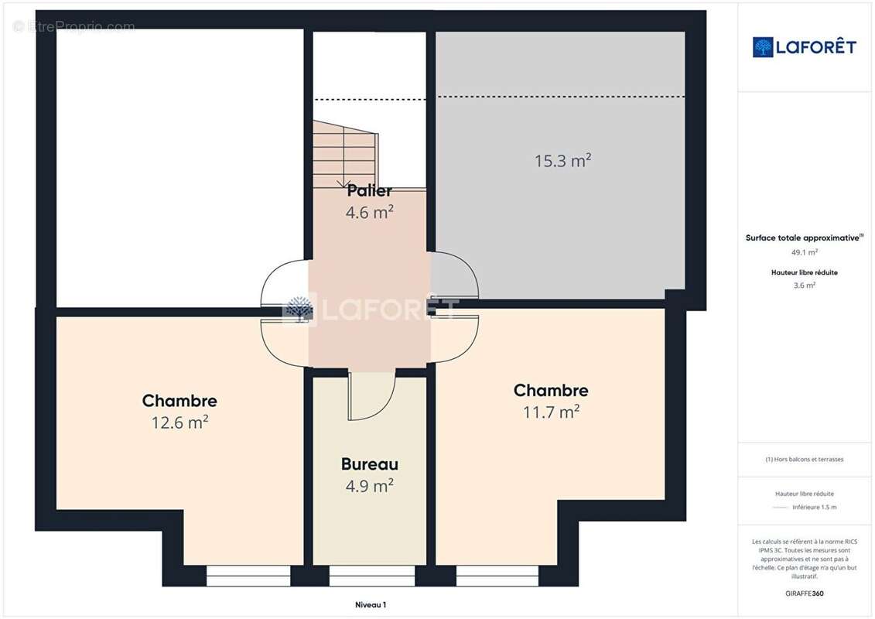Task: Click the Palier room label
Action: [x=369, y=190]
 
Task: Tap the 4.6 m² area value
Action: [x=369, y=211]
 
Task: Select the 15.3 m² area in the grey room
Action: [x=562, y=161]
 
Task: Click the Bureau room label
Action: [x=369, y=464]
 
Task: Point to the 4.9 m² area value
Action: [x=369, y=485]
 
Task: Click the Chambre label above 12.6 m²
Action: [x=179, y=401]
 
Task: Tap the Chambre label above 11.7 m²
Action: [x=551, y=391]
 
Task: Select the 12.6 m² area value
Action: [x=179, y=422]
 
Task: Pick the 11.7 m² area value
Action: [x=551, y=412]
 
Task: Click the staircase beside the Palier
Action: [x=344, y=155]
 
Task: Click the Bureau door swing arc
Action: [x=372, y=397]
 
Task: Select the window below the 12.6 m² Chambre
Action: [x=248, y=576]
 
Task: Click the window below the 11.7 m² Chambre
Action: [x=497, y=576]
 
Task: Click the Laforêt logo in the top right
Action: [x=805, y=47]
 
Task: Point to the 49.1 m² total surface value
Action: [x=805, y=252]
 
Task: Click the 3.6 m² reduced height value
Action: [x=805, y=285]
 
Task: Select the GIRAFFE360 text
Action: [x=805, y=593]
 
